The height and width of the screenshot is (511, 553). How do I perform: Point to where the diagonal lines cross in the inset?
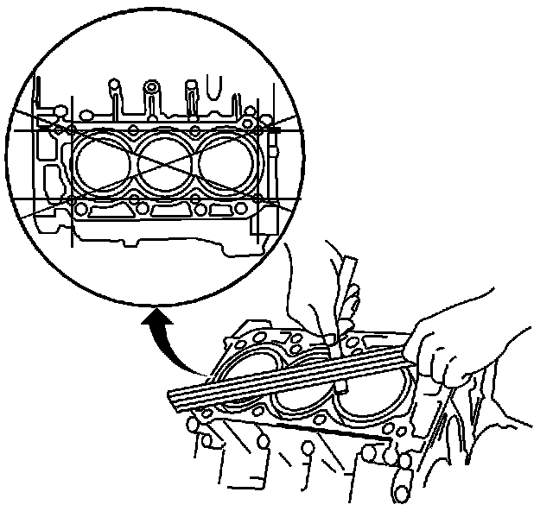point(164,165)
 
